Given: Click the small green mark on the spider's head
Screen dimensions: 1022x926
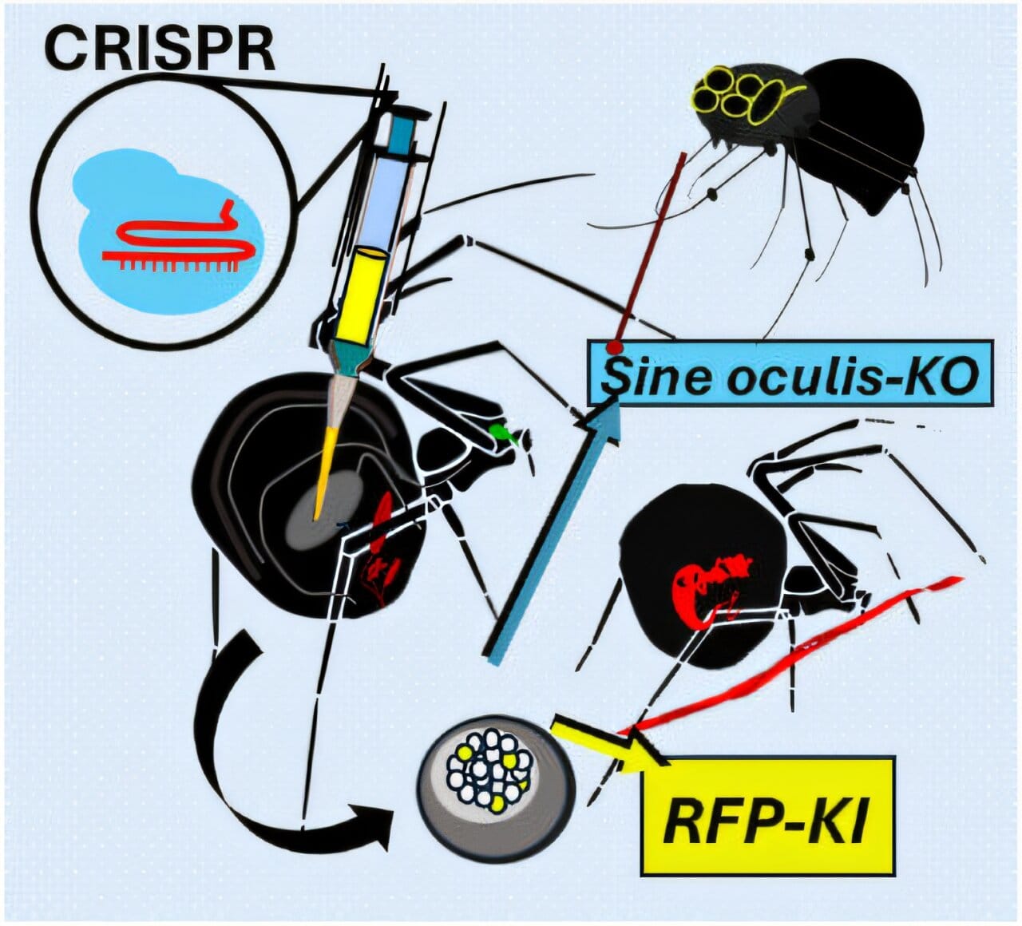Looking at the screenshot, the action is click(503, 431).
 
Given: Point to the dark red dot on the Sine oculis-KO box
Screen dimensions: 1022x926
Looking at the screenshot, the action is click(616, 347).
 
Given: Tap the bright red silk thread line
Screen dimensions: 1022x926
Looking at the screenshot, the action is click(790, 656).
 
